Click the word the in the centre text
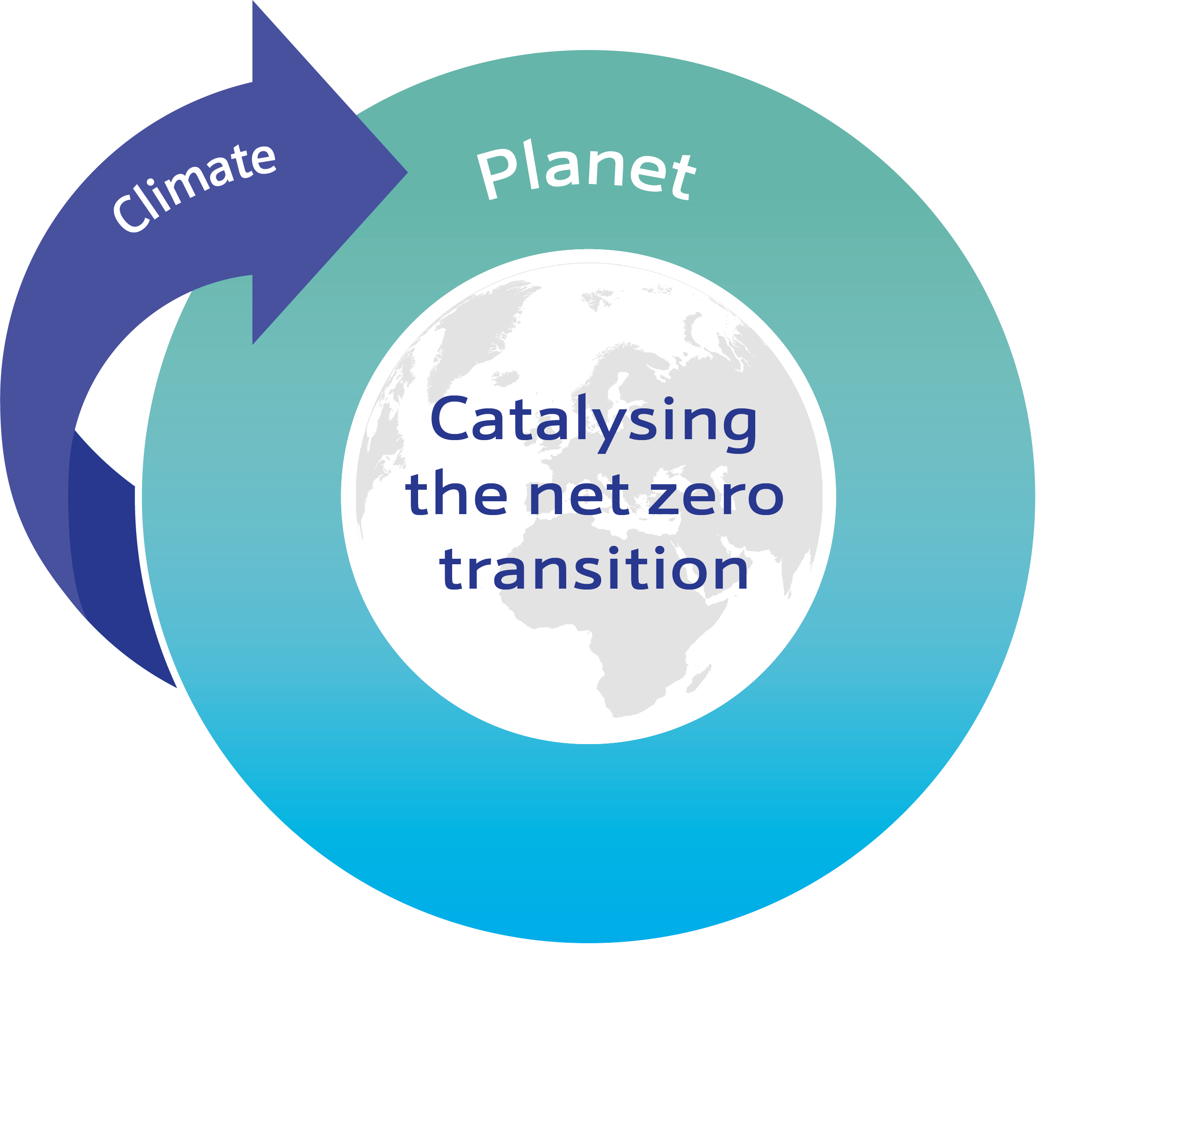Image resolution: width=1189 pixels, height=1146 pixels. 456,494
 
